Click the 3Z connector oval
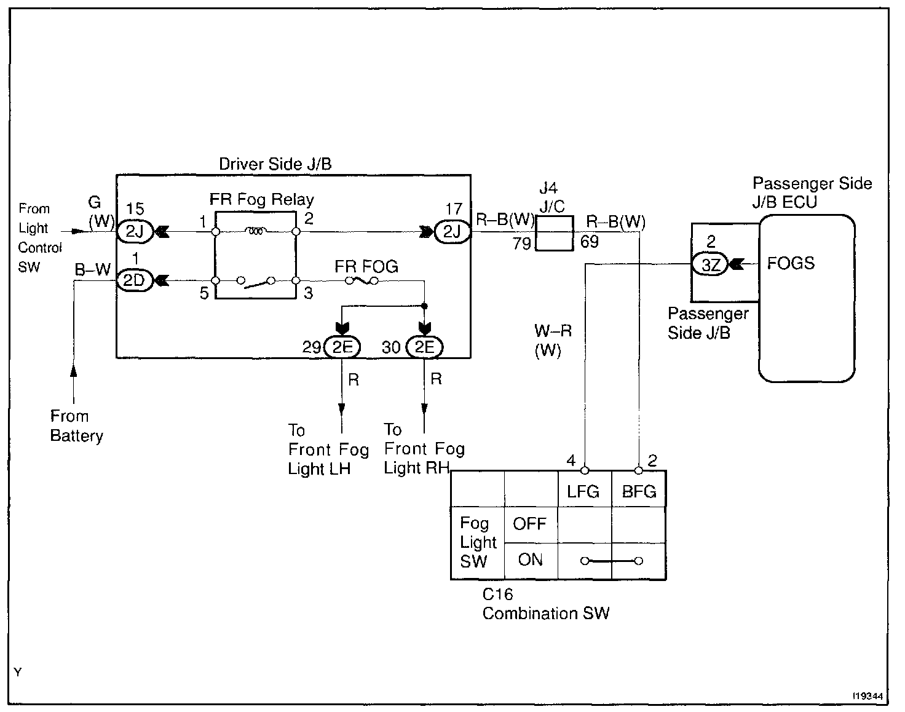coord(710,265)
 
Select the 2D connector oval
coord(134,280)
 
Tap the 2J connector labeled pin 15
coord(134,232)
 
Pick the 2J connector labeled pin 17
coord(452,232)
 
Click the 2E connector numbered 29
coord(342,347)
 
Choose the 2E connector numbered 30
coord(424,347)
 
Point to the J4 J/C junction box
coord(555,233)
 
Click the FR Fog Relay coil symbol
coord(255,232)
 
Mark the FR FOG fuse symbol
coord(362,281)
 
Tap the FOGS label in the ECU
coord(791,263)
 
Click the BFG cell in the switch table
coord(639,491)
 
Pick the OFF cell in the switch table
coord(530,524)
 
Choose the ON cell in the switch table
coord(530,560)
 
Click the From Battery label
coord(76,426)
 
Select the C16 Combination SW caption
coord(545,604)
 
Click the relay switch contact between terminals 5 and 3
coord(255,282)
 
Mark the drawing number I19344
coord(867,697)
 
